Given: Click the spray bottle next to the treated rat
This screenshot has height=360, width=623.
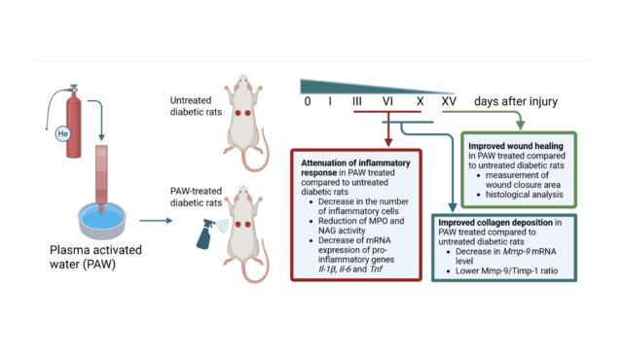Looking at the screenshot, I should click(208, 234).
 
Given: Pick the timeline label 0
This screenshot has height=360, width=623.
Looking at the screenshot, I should click(308, 101).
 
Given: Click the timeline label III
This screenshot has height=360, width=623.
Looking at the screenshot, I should click(357, 101).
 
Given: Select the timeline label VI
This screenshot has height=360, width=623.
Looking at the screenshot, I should click(387, 101).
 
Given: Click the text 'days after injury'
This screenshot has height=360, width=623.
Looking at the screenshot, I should click(522, 101).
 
